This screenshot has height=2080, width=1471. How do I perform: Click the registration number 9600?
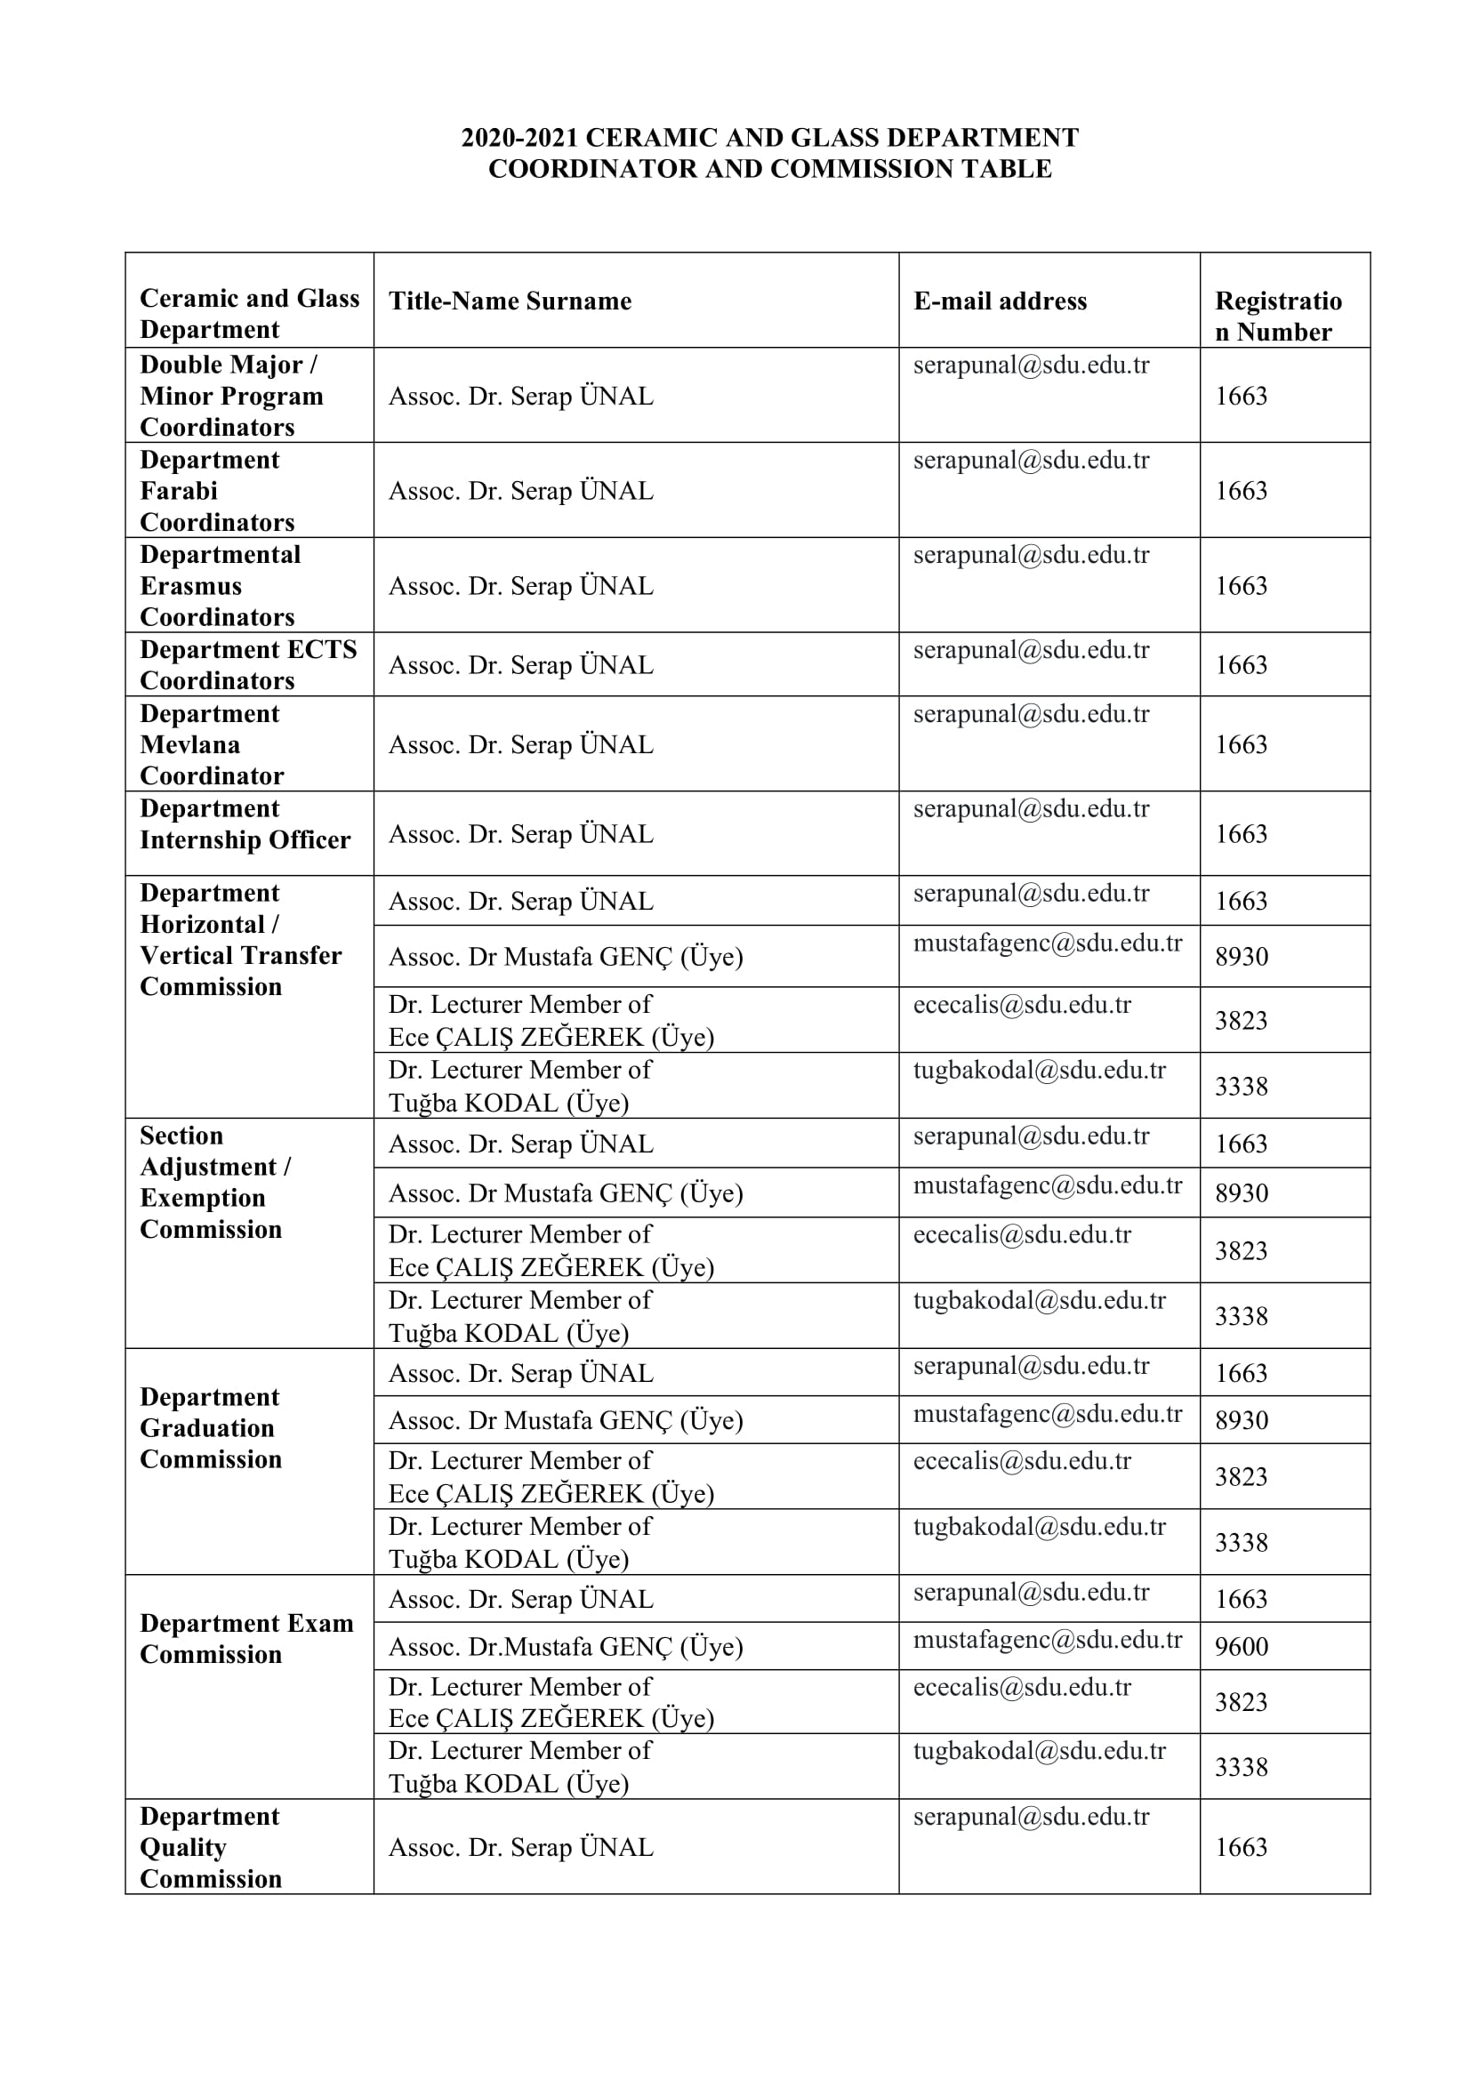[x=1241, y=1646]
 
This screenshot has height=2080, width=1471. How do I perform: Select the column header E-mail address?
[x=999, y=301]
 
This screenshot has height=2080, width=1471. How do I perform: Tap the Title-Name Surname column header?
[x=510, y=301]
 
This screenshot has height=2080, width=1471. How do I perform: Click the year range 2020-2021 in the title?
[x=520, y=138]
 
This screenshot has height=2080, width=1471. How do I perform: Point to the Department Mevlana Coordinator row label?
[x=211, y=744]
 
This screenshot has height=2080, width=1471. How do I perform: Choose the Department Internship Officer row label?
[x=245, y=824]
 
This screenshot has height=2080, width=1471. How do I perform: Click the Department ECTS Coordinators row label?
[x=248, y=665]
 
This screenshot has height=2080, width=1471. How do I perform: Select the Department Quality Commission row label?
[x=211, y=1847]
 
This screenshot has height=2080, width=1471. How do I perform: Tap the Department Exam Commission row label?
[x=246, y=1639]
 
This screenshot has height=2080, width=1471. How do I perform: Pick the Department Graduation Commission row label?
[x=211, y=1428]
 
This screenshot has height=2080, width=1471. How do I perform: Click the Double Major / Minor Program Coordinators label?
[x=231, y=396]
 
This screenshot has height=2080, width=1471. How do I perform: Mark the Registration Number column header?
[x=1278, y=317]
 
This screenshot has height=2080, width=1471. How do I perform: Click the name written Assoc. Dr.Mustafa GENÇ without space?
[x=566, y=1646]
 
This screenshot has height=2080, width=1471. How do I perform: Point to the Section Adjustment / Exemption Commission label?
[x=214, y=1182]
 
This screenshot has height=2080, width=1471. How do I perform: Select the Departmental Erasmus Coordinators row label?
[x=220, y=585]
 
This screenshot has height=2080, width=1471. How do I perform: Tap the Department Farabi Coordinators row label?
[x=216, y=491]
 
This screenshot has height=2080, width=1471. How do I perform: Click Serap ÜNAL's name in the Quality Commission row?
[x=521, y=1847]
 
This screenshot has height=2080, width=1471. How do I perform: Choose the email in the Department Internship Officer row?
[x=1031, y=809]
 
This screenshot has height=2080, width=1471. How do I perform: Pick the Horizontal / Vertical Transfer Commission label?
[x=240, y=939]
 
